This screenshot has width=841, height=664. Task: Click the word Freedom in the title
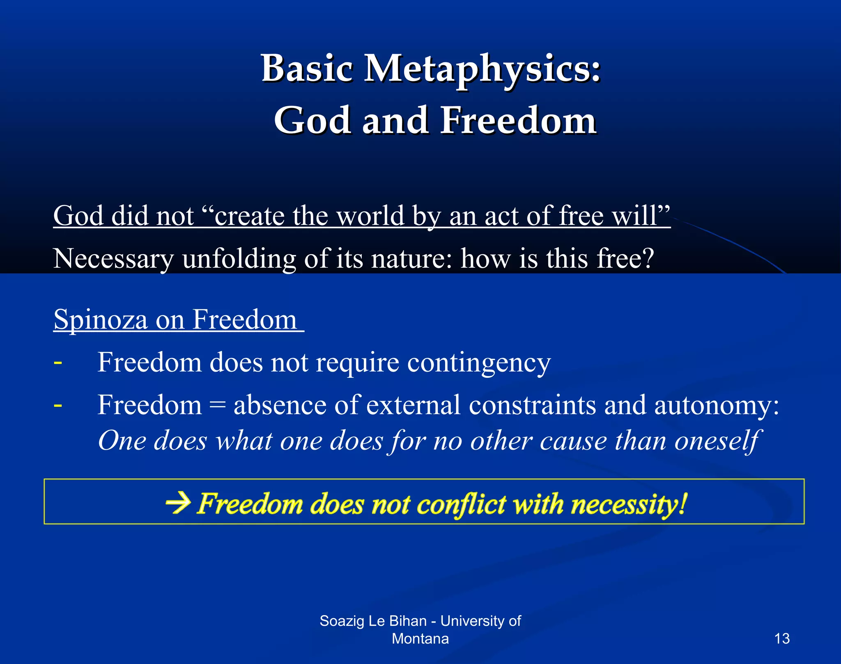tap(518, 120)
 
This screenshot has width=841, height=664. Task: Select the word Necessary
tap(113, 259)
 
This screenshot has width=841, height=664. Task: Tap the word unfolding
tap(239, 259)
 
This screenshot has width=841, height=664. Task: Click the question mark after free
tap(646, 259)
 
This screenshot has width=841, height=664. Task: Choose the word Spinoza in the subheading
tap(101, 319)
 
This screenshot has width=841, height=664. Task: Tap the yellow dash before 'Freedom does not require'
tap(58, 363)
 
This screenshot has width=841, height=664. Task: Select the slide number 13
tap(781, 639)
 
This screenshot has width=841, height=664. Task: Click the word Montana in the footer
tap(420, 639)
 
